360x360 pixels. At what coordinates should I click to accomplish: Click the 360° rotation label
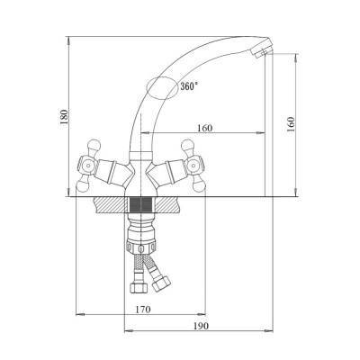click(189, 86)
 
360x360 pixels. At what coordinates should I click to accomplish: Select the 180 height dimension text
click(64, 117)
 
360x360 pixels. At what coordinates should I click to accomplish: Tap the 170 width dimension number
click(143, 309)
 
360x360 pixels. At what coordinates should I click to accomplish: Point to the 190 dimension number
click(200, 326)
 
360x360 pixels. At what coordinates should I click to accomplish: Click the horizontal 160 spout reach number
click(204, 128)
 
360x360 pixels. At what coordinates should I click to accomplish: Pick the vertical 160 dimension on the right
click(291, 124)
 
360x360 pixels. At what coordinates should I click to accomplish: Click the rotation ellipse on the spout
click(162, 88)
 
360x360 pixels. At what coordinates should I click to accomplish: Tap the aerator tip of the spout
click(262, 51)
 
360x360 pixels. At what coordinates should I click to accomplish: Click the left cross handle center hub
click(88, 165)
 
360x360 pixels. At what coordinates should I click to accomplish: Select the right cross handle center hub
click(193, 165)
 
